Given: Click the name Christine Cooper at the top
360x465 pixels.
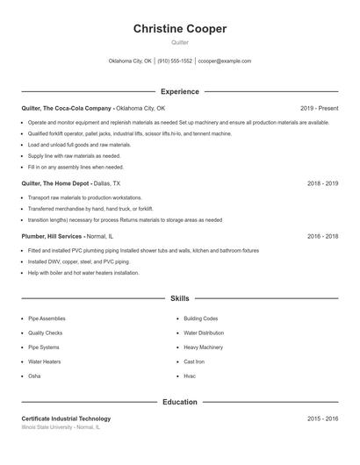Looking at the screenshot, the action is [180, 29].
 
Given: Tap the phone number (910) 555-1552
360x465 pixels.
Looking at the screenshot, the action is [175, 61].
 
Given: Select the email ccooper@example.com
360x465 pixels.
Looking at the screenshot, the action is [225, 61].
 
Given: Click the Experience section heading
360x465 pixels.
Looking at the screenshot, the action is [180, 91].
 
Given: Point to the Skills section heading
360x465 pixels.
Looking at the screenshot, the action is [180, 299].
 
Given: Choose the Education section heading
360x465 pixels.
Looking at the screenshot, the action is [180, 402].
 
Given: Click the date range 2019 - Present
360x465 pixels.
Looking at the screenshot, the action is [319, 108].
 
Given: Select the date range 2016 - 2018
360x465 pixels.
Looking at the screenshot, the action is [322, 236].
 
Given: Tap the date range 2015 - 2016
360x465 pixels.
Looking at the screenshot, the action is [322, 418].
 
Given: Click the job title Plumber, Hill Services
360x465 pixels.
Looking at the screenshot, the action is [52, 236].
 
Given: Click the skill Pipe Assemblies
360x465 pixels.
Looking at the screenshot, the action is [47, 318].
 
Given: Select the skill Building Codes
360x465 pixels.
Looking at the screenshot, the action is [200, 318].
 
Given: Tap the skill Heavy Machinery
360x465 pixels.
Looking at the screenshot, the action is [203, 347].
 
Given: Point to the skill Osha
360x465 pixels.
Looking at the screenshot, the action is [34, 376].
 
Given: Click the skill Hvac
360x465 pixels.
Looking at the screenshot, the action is [190, 376].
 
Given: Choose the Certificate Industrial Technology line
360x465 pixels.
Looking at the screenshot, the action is [66, 418].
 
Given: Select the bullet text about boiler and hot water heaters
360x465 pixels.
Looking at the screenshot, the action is [83, 273].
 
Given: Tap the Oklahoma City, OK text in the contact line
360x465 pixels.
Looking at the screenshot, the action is [130, 61].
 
